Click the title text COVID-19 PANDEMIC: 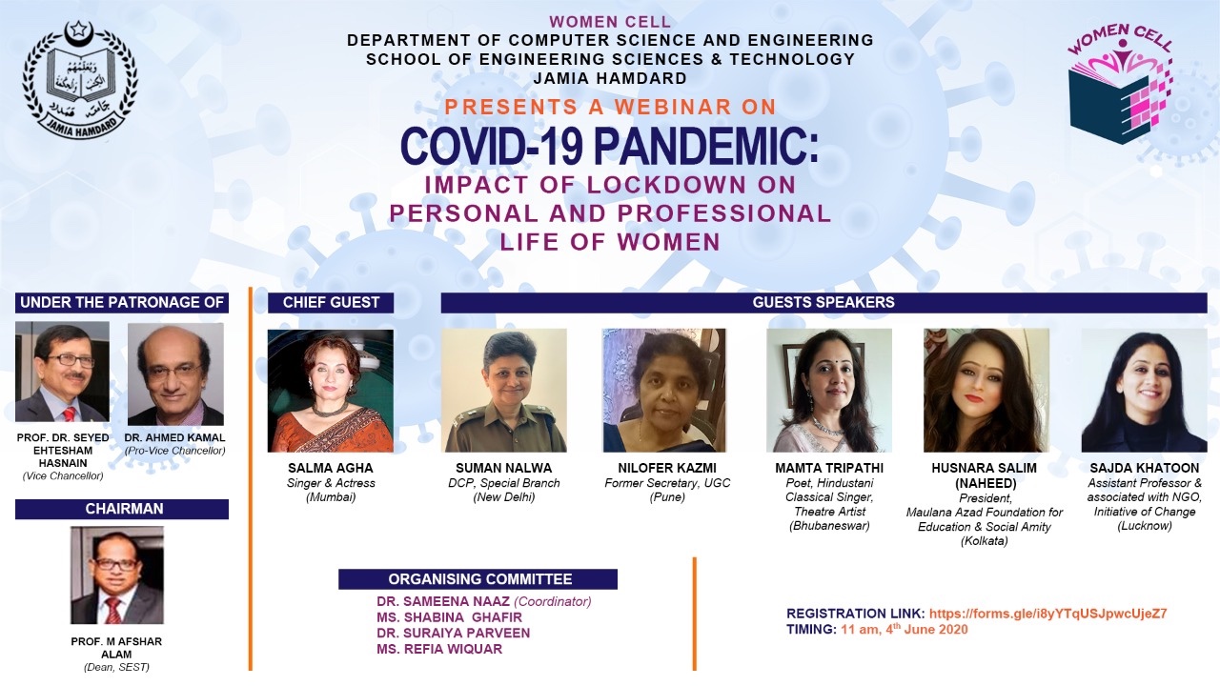(x=609, y=146)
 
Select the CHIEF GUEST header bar (x=331, y=303)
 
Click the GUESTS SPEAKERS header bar (x=823, y=303)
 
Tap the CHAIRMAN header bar (x=122, y=509)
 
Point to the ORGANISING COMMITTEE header (x=478, y=579)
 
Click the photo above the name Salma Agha (x=330, y=391)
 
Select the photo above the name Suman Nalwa (x=504, y=391)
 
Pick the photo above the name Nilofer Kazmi (x=664, y=391)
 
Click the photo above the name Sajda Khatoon (x=1144, y=391)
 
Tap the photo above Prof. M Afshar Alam (x=117, y=575)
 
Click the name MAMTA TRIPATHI (x=829, y=468)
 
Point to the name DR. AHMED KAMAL (x=175, y=438)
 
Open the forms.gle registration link (x=1048, y=614)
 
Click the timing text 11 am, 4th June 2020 (x=904, y=630)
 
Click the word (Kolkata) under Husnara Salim (x=984, y=541)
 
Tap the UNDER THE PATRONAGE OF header (x=122, y=303)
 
